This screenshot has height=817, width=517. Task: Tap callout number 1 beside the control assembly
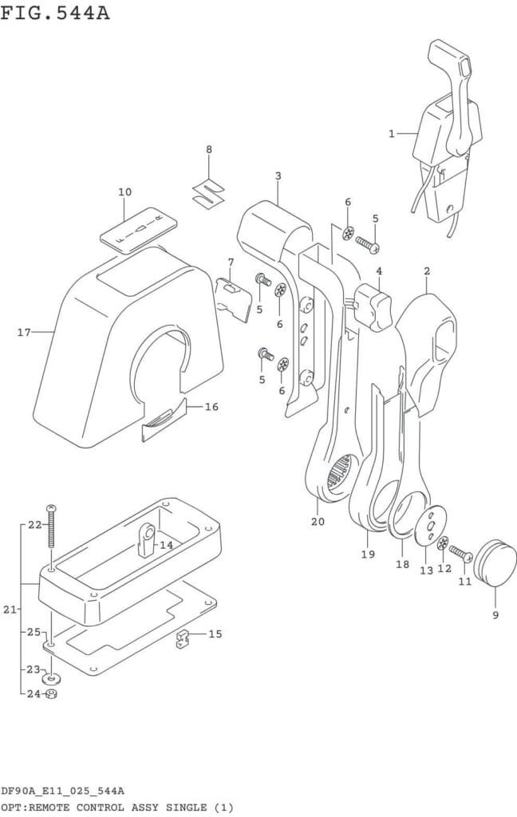click(392, 134)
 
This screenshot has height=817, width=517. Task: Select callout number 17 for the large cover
click(24, 332)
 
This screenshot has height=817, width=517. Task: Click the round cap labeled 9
click(495, 560)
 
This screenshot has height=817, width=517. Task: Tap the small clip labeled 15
click(184, 638)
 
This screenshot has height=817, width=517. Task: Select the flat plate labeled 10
click(136, 229)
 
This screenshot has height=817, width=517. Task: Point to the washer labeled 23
click(51, 678)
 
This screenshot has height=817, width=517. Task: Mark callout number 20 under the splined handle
click(318, 522)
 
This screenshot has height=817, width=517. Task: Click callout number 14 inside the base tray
click(166, 545)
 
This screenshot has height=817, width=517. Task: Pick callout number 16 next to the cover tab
click(211, 407)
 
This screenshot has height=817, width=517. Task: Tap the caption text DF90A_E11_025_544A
click(61, 791)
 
